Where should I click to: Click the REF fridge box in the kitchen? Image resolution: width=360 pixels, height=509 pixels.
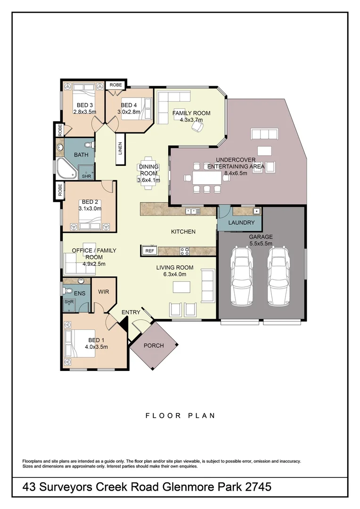150,251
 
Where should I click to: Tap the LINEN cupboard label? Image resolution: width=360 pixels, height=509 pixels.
121,148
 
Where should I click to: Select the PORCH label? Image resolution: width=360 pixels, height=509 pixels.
154,345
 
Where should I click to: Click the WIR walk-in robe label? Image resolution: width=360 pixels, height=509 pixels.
104,292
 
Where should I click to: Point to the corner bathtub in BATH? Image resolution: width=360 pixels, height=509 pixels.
67,168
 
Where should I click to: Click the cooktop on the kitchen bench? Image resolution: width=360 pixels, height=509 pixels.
185,251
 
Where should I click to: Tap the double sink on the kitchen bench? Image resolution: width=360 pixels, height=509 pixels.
191,211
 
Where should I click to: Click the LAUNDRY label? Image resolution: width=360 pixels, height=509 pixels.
241,222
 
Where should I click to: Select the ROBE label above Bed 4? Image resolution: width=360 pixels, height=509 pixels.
115,85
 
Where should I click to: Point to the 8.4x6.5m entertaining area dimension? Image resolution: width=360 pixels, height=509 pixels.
236,173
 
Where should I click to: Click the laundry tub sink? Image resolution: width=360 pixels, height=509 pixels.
256,211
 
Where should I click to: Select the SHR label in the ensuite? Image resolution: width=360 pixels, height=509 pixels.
69,302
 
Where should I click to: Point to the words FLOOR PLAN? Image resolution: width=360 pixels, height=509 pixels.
180,416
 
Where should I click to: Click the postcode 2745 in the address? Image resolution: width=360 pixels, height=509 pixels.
258,487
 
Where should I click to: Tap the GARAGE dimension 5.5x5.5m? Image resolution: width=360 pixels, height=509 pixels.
261,244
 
